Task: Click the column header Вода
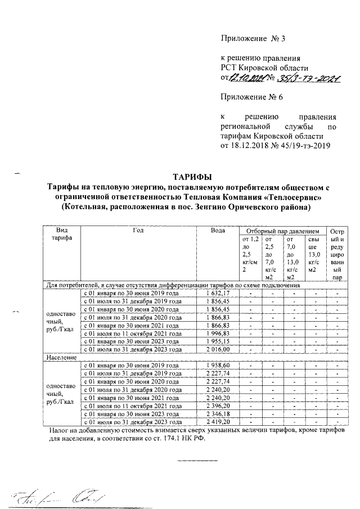(218, 231)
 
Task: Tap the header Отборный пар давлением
(278, 231)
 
